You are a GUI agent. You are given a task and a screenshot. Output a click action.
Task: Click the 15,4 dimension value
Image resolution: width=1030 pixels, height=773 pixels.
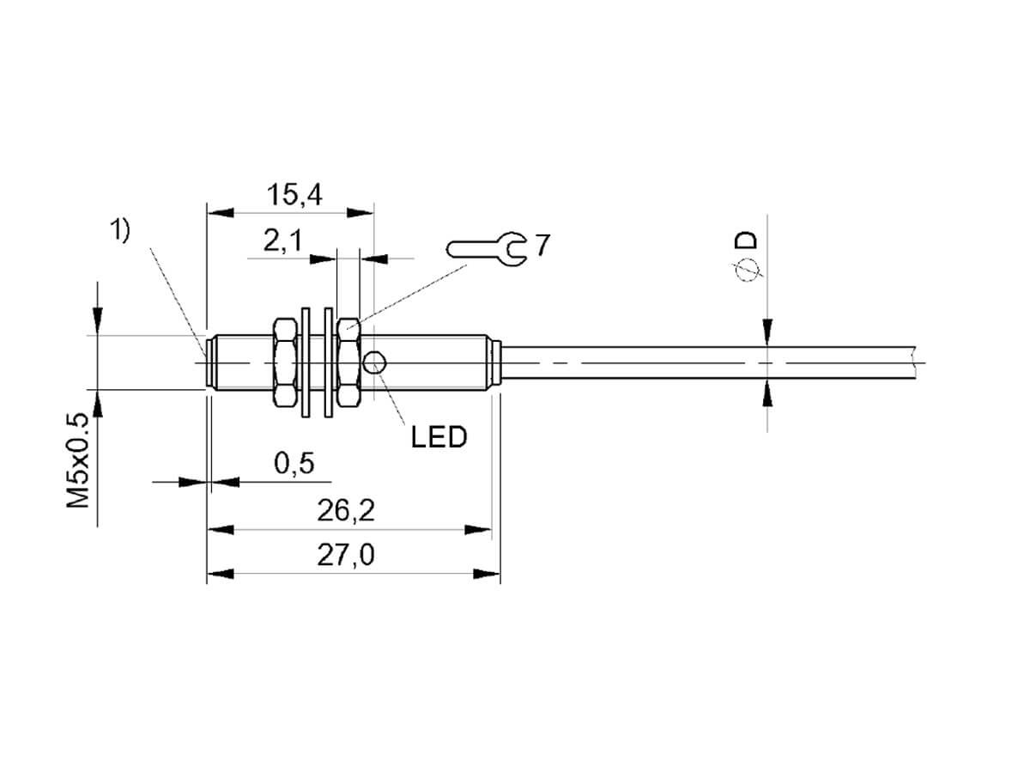pos(294,195)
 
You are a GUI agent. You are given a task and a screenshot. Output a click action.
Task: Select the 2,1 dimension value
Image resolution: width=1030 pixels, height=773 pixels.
pos(282,241)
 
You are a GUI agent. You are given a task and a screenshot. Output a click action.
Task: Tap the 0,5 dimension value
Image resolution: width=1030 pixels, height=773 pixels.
pos(294,464)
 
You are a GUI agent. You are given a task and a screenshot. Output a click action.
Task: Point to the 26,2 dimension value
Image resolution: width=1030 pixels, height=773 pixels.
pos(346,511)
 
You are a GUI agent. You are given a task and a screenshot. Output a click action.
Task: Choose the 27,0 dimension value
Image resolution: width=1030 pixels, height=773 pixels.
pos(346,555)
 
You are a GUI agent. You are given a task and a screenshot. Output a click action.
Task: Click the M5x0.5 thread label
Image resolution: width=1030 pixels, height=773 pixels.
pos(77,460)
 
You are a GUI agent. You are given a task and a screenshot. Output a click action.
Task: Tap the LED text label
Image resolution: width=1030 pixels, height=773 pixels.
pos(439,437)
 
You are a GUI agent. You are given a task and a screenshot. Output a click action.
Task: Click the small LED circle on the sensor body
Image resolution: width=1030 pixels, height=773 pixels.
pos(374,362)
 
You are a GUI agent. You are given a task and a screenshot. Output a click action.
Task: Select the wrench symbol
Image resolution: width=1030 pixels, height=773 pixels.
pos(487,249)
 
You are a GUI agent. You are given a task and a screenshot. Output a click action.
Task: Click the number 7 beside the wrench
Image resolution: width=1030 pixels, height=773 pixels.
pos(542,245)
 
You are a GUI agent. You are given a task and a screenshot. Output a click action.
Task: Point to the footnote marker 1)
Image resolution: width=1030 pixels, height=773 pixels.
pos(119,231)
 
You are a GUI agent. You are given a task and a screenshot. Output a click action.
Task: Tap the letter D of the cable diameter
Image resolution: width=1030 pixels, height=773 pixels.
pos(746,240)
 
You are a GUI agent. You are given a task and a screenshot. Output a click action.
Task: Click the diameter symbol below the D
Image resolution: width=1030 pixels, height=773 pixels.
pos(747,270)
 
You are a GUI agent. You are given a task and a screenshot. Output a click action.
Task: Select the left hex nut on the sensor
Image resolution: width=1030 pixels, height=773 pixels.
pos(285,362)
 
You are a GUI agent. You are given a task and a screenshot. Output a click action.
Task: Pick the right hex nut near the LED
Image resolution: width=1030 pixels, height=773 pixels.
pos(349,362)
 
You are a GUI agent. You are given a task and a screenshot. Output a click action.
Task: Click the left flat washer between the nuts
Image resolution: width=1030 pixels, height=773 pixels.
pos(306,362)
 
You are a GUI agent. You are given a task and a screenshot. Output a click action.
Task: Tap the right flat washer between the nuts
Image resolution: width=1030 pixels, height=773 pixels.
pos(329,362)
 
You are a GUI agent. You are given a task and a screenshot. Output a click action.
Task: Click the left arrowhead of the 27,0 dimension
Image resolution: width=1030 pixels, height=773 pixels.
pos(221,574)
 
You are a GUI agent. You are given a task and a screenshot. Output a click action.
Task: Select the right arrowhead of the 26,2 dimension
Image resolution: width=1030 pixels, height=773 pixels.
pos(478,530)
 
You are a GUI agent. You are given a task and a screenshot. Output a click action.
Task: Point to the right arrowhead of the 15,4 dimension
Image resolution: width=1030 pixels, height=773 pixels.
pos(360,213)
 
